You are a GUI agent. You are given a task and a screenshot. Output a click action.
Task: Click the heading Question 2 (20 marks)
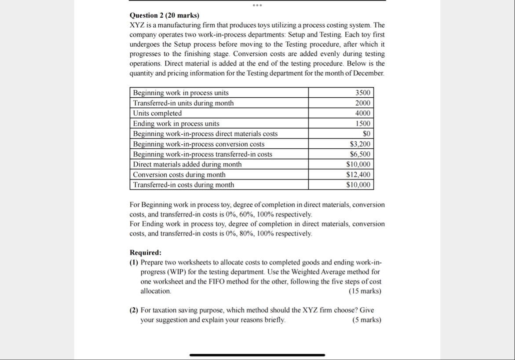(x=164, y=15)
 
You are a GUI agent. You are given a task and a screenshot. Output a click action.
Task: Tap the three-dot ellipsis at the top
(x=257, y=6)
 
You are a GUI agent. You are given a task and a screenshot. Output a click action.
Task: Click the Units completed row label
(x=157, y=113)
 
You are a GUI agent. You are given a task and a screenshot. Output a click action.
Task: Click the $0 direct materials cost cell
(x=366, y=134)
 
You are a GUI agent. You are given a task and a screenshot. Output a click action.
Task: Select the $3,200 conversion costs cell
(x=360, y=144)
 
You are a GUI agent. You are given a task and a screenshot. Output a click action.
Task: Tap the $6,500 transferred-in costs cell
(x=360, y=154)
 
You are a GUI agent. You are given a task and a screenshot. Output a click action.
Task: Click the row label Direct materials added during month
(x=187, y=164)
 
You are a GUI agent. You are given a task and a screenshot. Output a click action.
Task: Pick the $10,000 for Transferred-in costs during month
(x=358, y=185)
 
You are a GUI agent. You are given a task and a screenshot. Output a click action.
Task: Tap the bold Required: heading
(x=146, y=253)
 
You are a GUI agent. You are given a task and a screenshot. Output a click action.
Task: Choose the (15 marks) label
(x=365, y=291)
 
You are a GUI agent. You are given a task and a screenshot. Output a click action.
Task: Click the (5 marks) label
(x=367, y=320)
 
